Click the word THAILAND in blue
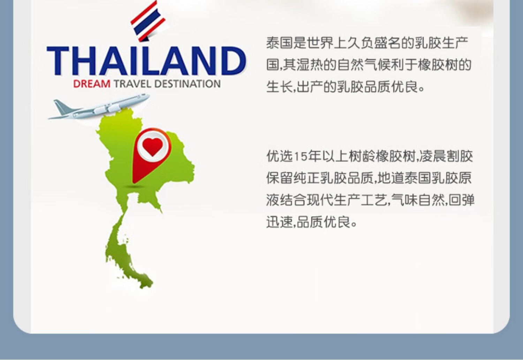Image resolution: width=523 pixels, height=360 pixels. pos(146,61)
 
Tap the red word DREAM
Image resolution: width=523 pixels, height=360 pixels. pos(92,84)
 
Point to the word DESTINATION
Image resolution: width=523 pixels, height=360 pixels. pos(188,84)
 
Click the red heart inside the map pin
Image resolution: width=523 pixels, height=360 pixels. pos(153,147)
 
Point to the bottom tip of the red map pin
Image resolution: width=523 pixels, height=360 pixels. pos(134,183)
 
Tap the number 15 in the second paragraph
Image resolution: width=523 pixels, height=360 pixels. pos(300,157)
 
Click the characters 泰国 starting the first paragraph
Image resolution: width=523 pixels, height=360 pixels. pos(280,43)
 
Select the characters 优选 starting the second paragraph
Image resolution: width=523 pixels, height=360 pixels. pos(280,156)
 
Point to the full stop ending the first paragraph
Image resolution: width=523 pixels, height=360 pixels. pos(422,89)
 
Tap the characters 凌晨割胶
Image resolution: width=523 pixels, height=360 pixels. pos(446,156)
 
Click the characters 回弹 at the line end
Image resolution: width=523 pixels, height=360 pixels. pos(461,200)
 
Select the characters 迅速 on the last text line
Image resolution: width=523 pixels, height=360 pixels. pos(280,222)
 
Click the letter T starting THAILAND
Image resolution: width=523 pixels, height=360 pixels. pos(58,61)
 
